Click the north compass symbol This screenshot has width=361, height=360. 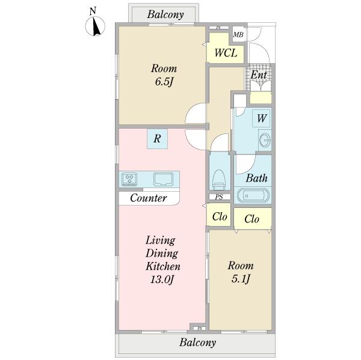(95, 26)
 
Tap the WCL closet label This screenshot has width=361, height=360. (226, 53)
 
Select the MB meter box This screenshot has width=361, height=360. (238, 34)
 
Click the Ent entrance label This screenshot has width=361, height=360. (259, 75)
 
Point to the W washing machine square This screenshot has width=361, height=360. (261, 118)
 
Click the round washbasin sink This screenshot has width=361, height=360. (265, 140)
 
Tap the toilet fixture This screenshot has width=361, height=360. (219, 179)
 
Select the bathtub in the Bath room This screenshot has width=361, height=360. (253, 195)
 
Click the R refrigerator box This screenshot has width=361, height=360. (157, 139)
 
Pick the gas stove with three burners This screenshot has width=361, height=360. (129, 179)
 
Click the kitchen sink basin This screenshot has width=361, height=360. (163, 179)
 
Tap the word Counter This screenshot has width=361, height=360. (149, 198)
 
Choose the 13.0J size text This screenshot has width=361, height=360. (162, 279)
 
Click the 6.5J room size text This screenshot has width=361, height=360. (164, 81)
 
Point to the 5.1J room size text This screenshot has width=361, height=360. (241, 279)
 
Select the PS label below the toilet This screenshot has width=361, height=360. (220, 197)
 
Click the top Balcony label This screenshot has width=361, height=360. (165, 14)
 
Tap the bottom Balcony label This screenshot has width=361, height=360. (197, 343)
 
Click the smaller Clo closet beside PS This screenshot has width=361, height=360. (220, 216)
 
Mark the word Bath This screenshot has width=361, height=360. (257, 178)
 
